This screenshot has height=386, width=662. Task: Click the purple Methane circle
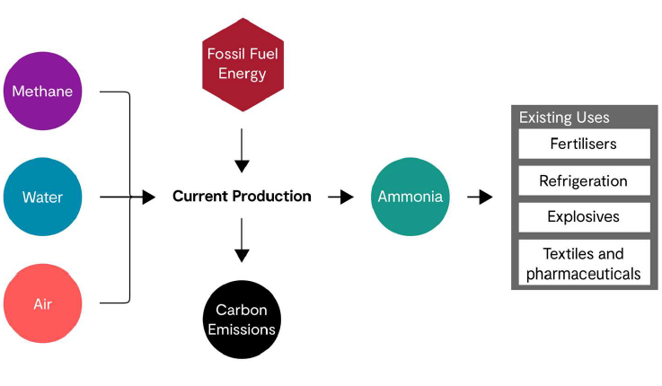(43, 92)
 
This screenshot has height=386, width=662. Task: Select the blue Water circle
(43, 197)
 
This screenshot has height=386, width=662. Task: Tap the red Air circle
(43, 303)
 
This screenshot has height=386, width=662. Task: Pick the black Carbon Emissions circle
(242, 320)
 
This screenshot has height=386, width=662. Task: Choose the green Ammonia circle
(410, 197)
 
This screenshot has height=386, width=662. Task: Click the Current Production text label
(242, 197)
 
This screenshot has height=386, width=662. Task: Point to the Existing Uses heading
(564, 118)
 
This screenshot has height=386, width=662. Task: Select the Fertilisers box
(584, 144)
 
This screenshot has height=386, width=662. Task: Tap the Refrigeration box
(584, 180)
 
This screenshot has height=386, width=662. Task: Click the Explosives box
(584, 217)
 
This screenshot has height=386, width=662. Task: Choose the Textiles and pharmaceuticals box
(584, 264)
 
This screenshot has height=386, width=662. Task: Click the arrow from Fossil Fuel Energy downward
(242, 153)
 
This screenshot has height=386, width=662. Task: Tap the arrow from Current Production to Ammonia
(341, 197)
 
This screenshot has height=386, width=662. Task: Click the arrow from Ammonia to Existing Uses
(481, 197)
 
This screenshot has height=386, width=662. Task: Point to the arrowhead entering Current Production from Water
(148, 197)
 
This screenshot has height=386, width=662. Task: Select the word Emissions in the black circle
(242, 329)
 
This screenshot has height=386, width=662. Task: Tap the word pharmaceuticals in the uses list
(584, 274)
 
